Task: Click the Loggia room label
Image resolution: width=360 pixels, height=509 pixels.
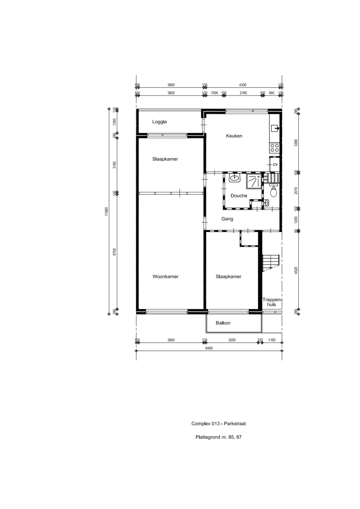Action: pyautogui.click(x=159, y=122)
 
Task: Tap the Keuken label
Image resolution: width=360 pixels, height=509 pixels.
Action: pyautogui.click(x=234, y=136)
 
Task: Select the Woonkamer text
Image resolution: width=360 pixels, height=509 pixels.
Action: pyautogui.click(x=165, y=277)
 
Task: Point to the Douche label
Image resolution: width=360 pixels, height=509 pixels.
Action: pyautogui.click(x=239, y=196)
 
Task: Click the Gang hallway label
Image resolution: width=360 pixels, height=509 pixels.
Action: pyautogui.click(x=227, y=219)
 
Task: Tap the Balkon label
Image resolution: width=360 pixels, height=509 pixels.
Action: pyautogui.click(x=223, y=323)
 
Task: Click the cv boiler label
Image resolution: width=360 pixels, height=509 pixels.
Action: pyautogui.click(x=275, y=164)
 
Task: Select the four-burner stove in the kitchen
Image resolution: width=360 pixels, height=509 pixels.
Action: pyautogui.click(x=274, y=148)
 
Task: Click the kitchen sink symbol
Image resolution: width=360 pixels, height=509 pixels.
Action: pyautogui.click(x=275, y=128)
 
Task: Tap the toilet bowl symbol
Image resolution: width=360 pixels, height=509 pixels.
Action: pyautogui.click(x=273, y=192)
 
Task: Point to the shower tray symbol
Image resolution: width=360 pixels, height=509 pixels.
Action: pyautogui.click(x=254, y=181)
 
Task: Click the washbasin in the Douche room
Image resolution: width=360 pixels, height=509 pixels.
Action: pyautogui.click(x=234, y=178)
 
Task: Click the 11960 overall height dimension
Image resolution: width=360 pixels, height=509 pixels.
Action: pyautogui.click(x=107, y=212)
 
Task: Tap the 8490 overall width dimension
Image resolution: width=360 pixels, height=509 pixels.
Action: pyautogui.click(x=209, y=348)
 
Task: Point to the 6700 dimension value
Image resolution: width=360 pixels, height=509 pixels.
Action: pyautogui.click(x=114, y=252)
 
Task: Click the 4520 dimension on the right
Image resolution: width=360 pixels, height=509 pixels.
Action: pyautogui.click(x=296, y=271)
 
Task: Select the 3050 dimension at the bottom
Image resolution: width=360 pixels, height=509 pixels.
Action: pyautogui.click(x=232, y=340)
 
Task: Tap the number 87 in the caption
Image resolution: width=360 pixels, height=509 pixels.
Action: pyautogui.click(x=239, y=437)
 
